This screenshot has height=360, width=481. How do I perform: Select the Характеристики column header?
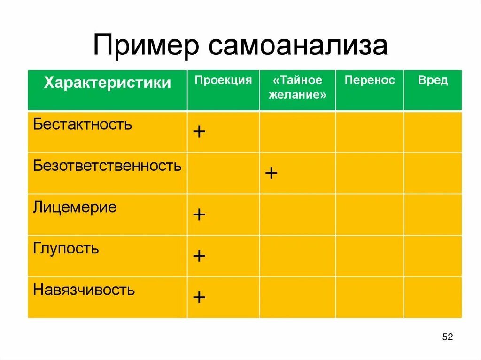pos(108,84)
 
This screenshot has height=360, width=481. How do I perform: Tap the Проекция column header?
pos(223,80)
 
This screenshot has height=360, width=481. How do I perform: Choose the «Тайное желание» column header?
pos(297,87)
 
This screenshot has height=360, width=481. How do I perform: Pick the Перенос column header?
pos(370,80)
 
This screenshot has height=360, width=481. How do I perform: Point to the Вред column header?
pos(433,80)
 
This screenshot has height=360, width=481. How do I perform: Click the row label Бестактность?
pos(83,125)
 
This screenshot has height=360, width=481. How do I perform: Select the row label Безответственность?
pos(107,166)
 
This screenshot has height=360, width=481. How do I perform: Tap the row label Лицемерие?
pos(75,207)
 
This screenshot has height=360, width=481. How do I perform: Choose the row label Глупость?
pos(66,248)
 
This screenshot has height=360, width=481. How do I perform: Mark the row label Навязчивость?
pos(84,290)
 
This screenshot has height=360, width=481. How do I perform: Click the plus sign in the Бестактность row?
pos(199,132)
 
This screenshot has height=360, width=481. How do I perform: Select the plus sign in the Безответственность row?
pos(271,173)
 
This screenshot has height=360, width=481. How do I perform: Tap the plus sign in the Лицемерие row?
pos(199,214)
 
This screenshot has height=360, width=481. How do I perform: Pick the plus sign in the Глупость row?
pos(199,256)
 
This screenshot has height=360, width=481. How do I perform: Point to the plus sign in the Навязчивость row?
pos(199,297)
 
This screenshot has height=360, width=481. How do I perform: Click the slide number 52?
pos(447,337)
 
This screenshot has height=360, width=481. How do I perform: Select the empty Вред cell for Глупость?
pos(433,256)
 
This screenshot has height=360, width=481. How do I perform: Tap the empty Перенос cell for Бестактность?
pos(370,132)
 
